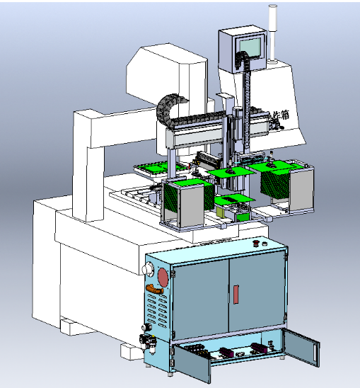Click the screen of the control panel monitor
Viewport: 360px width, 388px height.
click(x=250, y=46)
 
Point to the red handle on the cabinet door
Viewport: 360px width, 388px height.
click(x=236, y=293)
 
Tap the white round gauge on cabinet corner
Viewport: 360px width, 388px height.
click(x=149, y=269)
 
